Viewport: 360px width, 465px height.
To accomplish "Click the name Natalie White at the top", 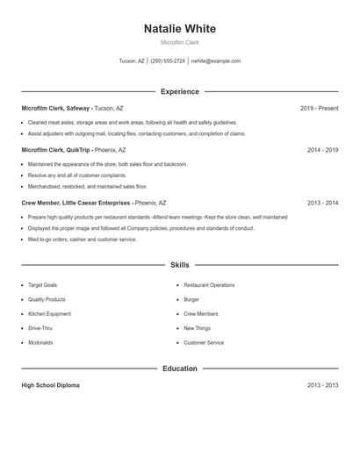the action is click(179, 29).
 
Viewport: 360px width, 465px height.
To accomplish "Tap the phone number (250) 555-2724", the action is click(168, 61).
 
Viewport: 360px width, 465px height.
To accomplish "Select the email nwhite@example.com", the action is click(216, 61).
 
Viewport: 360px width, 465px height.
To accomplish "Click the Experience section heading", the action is click(179, 91).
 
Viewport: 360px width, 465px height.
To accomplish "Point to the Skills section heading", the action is click(179, 264).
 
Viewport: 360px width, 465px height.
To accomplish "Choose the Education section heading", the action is click(179, 368).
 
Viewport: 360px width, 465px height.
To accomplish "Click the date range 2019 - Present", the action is click(319, 108).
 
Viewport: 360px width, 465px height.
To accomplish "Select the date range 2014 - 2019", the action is click(322, 150).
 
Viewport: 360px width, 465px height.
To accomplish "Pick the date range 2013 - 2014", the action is click(322, 203).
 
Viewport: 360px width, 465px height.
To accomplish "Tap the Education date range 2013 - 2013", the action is click(322, 385).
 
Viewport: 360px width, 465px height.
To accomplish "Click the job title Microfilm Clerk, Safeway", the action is click(55, 108).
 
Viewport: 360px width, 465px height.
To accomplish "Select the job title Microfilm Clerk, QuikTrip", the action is click(54, 150).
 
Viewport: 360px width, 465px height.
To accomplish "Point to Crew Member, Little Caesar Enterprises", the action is click(75, 203).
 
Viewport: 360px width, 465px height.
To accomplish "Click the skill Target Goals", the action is click(42, 285).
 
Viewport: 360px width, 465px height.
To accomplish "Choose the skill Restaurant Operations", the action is click(209, 285).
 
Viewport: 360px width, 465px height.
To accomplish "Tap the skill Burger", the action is click(191, 299).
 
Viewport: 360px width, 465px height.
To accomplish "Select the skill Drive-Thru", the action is click(40, 328).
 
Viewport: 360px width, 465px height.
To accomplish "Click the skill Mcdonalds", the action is click(40, 342).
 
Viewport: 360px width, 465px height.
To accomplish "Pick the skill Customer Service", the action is click(204, 342).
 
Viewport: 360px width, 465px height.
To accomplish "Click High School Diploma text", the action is click(50, 385).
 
